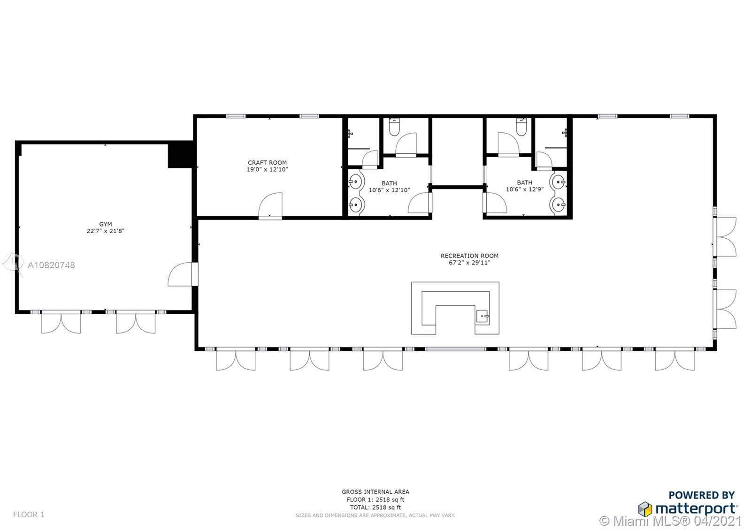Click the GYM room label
[105, 224]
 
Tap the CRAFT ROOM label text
[267, 162]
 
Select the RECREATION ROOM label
[469, 256]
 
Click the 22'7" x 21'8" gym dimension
[105, 231]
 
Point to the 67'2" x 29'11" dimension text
[469, 263]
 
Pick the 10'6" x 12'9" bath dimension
[525, 189]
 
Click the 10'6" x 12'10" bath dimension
[389, 190]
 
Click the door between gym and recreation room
[183, 274]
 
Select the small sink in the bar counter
[483, 316]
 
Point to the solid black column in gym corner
[181, 154]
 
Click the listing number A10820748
[51, 265]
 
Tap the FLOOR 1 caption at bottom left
[29, 514]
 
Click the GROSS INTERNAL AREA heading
[375, 492]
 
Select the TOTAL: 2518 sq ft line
[375, 507]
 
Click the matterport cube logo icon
[645, 509]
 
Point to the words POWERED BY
[702, 495]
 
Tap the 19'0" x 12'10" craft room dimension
[267, 169]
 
